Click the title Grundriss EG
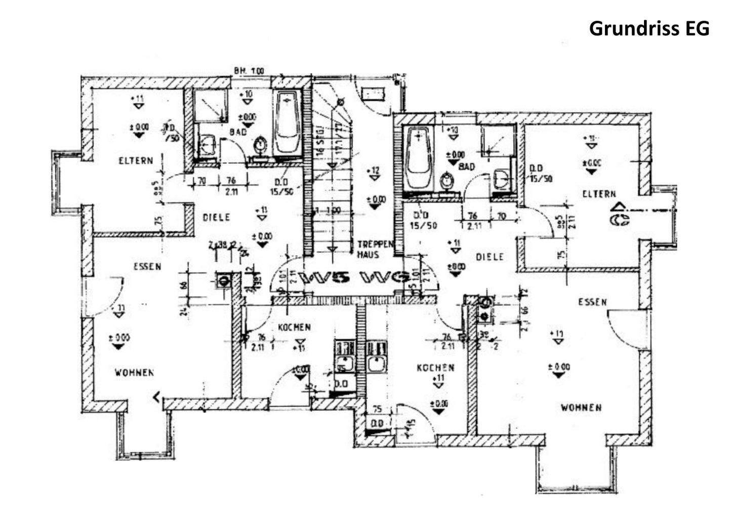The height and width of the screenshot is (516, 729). pos(649,28)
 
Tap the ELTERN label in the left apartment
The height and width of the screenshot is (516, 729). pos(135,161)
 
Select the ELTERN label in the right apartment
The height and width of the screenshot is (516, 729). pos(599,194)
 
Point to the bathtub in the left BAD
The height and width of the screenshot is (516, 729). pos(288,123)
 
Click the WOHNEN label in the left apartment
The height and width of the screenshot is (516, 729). pos(134,373)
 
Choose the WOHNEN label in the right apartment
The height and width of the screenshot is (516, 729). pos(581,408)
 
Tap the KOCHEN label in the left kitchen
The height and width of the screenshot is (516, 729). pos(294,328)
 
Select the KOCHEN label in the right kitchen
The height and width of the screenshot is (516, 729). pos(435,368)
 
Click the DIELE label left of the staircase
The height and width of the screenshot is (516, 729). pos(216,217)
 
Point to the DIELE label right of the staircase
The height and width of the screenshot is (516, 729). pos(490,257)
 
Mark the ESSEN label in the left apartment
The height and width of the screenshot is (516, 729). pos(147,266)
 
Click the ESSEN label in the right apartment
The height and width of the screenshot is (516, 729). pos(592,302)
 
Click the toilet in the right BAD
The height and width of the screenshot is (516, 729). pos(446,180)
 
